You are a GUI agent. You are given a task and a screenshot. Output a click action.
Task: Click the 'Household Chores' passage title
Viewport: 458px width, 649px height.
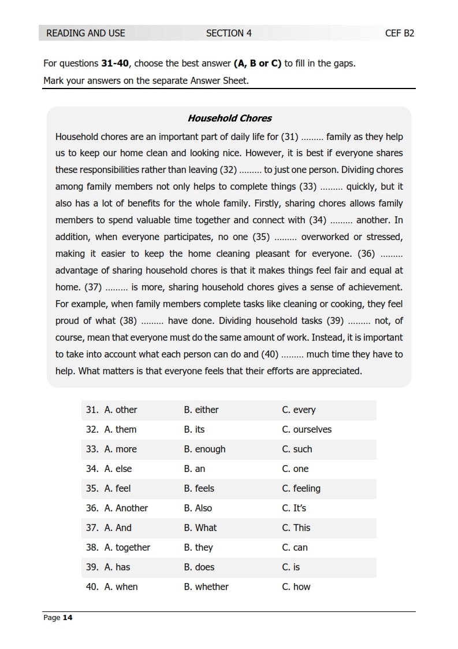pos(229,119)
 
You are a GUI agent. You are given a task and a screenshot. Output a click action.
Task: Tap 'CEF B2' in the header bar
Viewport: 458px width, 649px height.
pos(399,33)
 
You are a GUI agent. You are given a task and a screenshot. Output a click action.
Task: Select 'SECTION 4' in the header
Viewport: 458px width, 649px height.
pos(229,33)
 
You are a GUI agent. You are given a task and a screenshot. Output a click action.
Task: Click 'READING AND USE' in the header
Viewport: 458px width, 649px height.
pos(85,33)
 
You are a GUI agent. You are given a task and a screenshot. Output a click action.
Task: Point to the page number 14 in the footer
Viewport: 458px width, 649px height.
pos(68,618)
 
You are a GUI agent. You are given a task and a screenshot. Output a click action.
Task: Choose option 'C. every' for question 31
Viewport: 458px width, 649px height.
pos(299,410)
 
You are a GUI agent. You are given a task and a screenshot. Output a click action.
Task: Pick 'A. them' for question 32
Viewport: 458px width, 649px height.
pos(120,430)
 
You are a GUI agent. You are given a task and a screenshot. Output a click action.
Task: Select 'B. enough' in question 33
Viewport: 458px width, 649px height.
pos(205,449)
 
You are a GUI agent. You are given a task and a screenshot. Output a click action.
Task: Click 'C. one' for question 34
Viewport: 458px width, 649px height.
pos(295,469)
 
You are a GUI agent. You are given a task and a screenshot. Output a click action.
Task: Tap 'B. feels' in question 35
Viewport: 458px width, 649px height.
pos(199,489)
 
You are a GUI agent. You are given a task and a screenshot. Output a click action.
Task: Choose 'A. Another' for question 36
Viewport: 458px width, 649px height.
pos(126,508)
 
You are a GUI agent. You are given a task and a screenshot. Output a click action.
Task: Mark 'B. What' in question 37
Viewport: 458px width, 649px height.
pos(200,528)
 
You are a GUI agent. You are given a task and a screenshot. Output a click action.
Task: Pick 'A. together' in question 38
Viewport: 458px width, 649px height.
pos(127,548)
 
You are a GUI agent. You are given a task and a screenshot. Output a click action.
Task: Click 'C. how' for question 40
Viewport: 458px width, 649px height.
pos(296,587)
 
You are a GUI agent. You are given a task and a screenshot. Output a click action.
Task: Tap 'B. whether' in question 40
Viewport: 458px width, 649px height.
pos(206,587)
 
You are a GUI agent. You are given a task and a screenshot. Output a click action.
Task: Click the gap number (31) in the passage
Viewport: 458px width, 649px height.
pos(289,137)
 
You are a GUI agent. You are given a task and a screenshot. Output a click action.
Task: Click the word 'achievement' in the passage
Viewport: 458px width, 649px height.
pos(375,287)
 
